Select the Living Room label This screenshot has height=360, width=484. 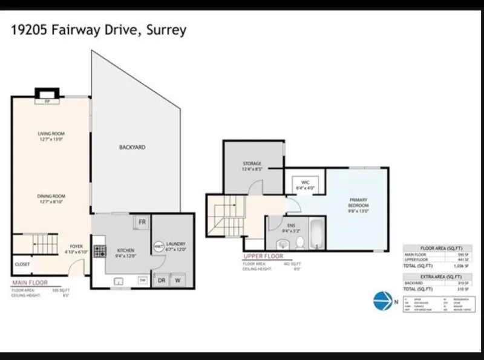tap(51, 136)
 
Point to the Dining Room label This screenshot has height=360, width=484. tap(51, 198)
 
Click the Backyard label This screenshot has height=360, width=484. tap(132, 147)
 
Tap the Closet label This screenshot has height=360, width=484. tap(22, 264)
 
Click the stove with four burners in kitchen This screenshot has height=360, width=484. tap(100, 250)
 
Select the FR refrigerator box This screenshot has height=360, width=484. tap(141, 222)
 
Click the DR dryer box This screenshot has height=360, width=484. tap(162, 280)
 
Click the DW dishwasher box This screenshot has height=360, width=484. tap(142, 280)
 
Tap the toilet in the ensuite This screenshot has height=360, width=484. tap(299, 243)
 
